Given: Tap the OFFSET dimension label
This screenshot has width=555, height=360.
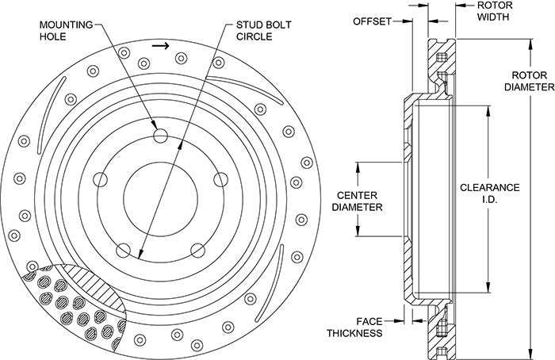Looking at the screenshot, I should pos(372,21).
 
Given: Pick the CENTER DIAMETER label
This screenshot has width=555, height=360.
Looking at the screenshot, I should pos(356,201).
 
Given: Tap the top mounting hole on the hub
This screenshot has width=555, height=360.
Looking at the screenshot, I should pos(160,135).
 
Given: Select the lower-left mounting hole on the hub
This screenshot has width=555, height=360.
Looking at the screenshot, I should pos(124,251).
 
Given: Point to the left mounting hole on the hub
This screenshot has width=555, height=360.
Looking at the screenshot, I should pos(101,180).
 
